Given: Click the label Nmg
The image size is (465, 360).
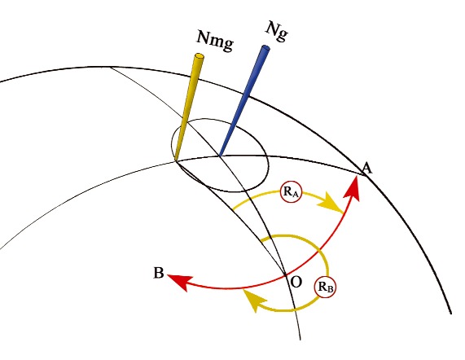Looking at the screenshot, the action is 215,41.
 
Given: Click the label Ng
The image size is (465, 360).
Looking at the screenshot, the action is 277,32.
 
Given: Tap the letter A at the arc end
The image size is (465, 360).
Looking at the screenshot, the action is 366,168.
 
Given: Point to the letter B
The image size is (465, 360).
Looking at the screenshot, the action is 159,273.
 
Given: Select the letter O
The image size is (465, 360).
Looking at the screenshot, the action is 296,282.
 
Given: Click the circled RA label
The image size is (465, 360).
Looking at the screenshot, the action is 292,192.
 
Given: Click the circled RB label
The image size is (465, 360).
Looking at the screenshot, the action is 325,287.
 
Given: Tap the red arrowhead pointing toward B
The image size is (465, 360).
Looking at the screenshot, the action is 180,281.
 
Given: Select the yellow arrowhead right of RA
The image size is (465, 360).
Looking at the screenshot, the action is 333,203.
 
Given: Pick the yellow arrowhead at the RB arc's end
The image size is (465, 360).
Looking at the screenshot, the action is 254,300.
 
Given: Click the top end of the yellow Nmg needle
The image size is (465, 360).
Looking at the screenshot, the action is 199,55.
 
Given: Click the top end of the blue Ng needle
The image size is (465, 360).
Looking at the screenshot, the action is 265,48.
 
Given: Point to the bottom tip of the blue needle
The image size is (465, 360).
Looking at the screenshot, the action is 220,156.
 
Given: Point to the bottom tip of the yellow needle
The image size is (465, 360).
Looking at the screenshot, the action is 177,160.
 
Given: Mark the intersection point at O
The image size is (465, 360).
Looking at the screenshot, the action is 286,275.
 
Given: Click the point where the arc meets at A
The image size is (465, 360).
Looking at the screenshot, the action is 363,174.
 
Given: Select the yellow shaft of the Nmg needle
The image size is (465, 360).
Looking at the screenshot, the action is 187,108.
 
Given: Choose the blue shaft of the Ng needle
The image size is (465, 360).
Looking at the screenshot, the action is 243,102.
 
